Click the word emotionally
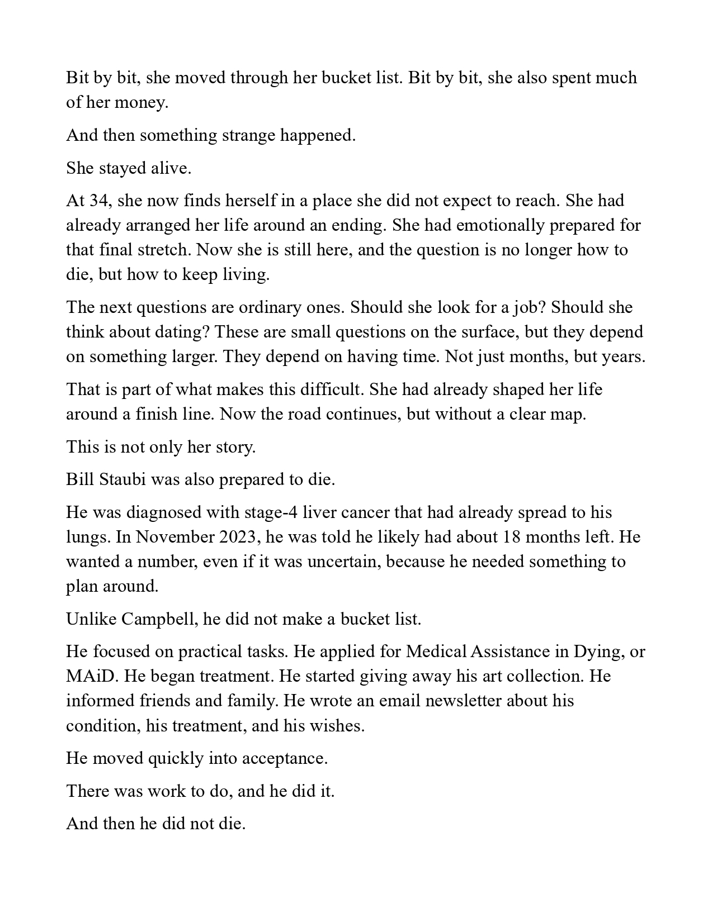coord(500,225)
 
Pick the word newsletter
coord(454,701)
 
